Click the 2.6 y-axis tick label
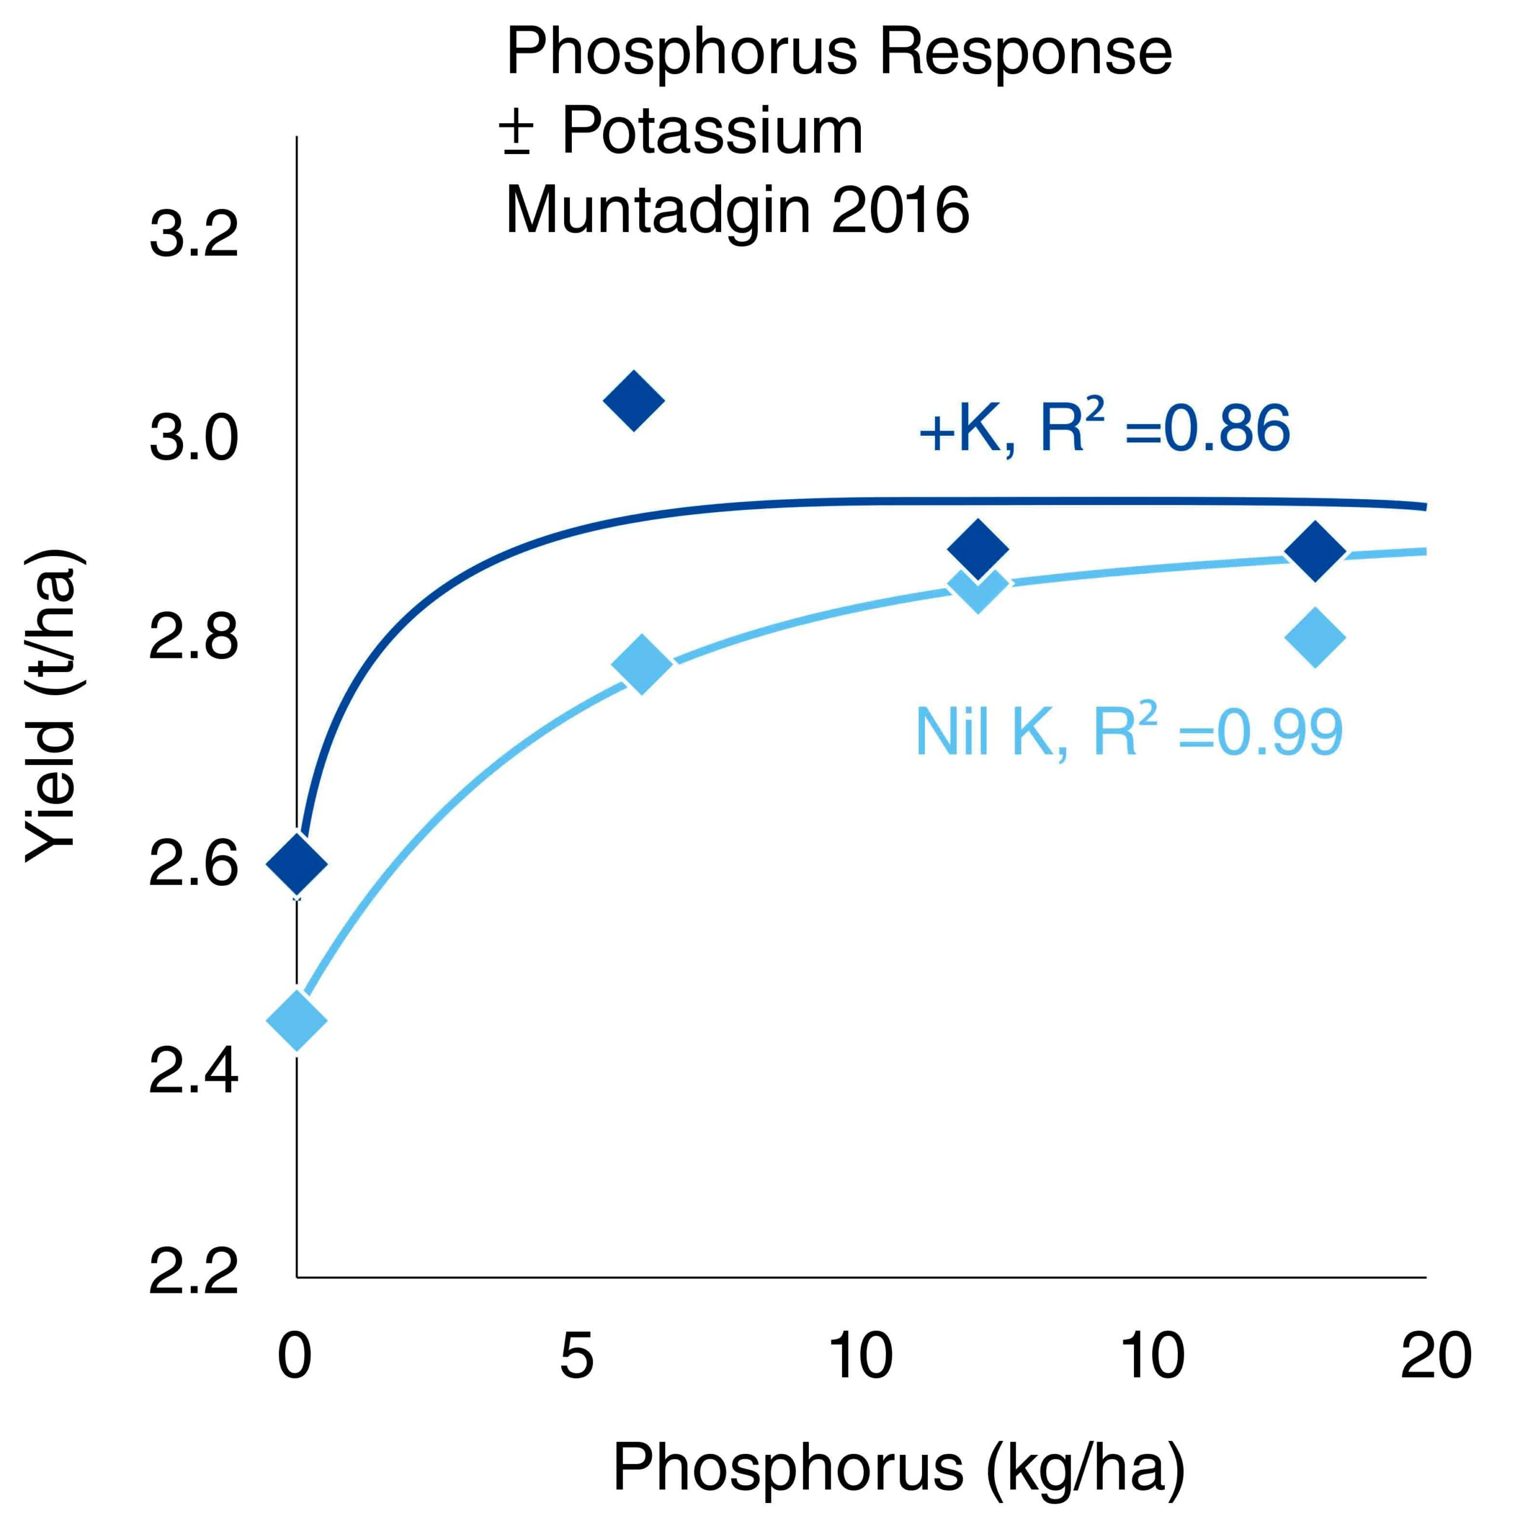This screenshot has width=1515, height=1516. (193, 865)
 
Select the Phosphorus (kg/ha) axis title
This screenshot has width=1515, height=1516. (898, 1467)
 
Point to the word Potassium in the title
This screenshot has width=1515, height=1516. (712, 131)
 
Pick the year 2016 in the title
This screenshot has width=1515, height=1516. (901, 210)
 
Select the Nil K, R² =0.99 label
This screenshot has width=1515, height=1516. (1129, 732)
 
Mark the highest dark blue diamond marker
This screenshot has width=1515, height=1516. (633, 400)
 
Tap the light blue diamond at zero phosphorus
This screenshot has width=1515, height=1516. (296, 1020)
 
